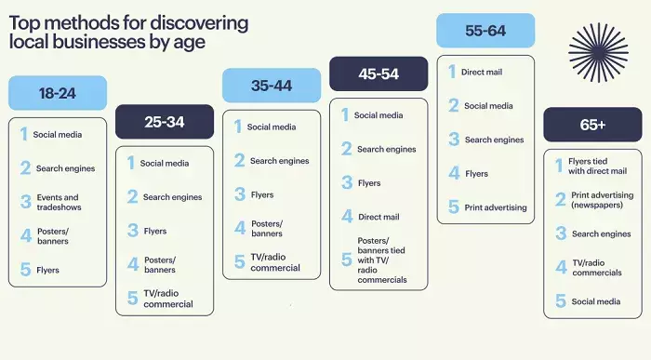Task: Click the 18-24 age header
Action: [58, 93]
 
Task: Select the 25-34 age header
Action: [165, 122]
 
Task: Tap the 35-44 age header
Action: [272, 86]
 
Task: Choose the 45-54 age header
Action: [379, 73]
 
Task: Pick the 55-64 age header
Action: [485, 31]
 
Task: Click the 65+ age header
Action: [592, 125]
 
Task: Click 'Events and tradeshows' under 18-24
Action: [58, 203]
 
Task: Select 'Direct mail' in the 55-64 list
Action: [483, 71]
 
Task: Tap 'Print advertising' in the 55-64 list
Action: [495, 207]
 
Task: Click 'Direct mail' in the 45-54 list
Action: [379, 217]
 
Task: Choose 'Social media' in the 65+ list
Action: [596, 301]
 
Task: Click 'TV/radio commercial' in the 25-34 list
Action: [167, 299]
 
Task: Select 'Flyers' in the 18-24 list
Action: [47, 271]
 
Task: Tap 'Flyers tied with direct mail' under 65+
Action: [597, 166]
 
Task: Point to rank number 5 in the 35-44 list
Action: [239, 262]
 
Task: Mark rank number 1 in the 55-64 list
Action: [453, 72]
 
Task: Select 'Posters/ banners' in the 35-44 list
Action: [266, 228]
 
